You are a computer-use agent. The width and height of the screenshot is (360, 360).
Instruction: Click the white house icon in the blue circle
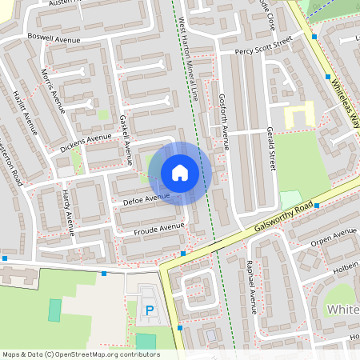[x=180, y=173]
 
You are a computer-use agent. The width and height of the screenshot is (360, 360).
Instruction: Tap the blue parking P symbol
[x=149, y=310]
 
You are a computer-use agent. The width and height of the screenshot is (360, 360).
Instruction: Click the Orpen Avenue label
[x=334, y=236]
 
